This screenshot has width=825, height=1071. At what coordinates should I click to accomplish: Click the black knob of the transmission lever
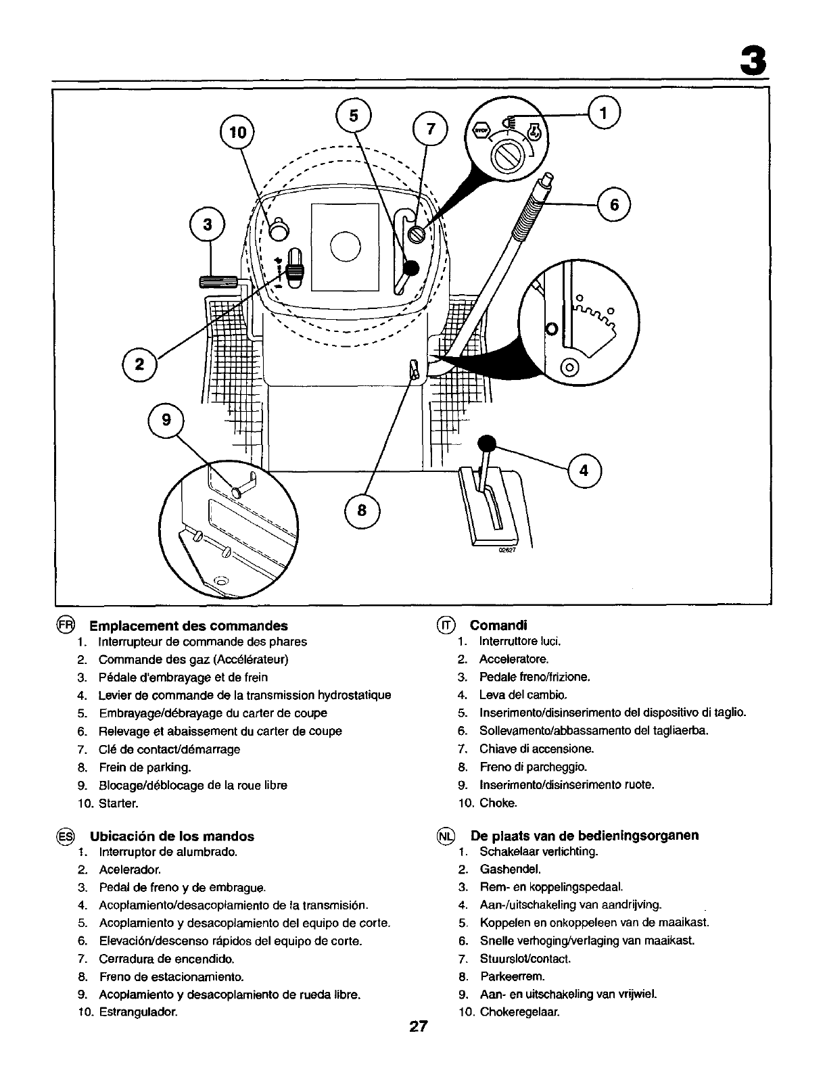486,444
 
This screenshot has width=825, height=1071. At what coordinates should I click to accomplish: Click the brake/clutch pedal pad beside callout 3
218,282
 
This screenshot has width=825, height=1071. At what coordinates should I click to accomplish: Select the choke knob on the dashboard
278,230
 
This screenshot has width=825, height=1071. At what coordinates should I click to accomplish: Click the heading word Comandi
498,625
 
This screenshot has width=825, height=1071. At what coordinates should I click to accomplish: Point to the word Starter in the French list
118,803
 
